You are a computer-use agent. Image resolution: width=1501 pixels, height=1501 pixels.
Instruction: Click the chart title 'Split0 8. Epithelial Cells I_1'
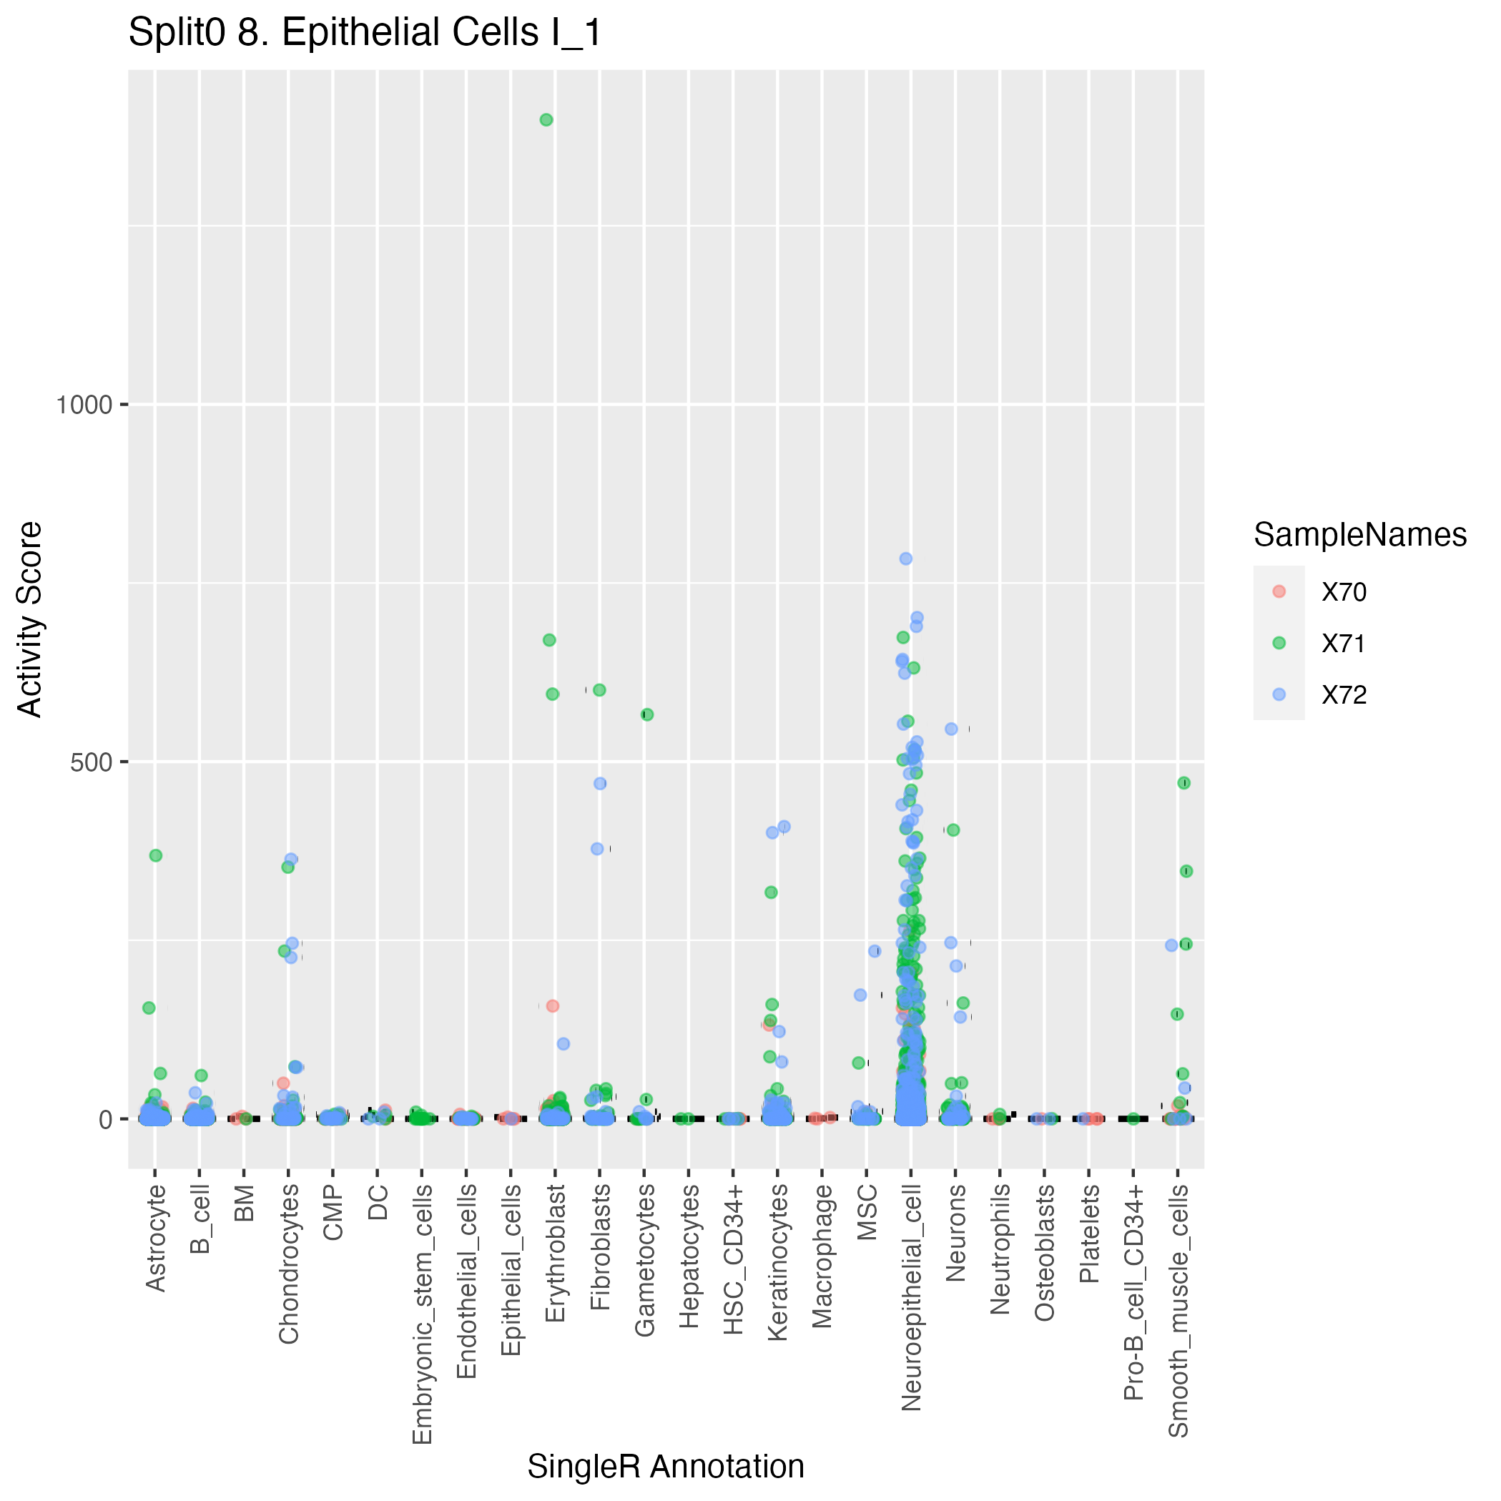tap(365, 34)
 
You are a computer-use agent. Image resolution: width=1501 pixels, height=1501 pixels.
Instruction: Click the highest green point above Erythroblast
tap(546, 119)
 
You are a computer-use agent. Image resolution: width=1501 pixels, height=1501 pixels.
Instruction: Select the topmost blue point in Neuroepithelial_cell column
tap(906, 558)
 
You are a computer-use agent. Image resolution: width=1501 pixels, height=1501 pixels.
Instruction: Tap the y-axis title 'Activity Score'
tap(29, 619)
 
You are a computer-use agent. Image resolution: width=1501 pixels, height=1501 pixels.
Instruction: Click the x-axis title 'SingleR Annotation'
tap(666, 1467)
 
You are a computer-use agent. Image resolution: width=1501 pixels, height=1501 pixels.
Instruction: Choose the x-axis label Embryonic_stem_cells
tap(422, 1314)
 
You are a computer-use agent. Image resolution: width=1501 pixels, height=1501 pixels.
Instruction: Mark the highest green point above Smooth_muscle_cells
tap(1184, 783)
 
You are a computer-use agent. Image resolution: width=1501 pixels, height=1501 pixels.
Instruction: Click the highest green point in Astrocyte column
tap(155, 855)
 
